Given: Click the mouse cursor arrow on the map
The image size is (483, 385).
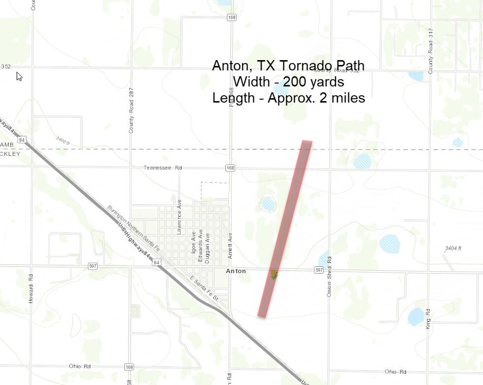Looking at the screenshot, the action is point(19,76).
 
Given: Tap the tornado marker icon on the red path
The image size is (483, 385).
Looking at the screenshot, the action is point(274,275).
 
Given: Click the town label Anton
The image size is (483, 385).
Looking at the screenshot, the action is point(236,271).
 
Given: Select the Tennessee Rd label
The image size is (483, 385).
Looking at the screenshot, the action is point(163,168).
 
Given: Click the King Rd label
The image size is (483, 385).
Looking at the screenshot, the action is point(428,319).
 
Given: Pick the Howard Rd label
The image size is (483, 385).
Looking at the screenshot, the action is point(31,288).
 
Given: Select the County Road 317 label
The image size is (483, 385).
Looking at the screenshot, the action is point(430,51).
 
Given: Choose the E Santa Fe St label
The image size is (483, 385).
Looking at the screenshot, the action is point(204,290).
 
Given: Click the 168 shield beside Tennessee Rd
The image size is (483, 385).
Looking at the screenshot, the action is point(230,168).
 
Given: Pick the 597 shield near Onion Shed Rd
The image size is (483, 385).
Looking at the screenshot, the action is point(319,270).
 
